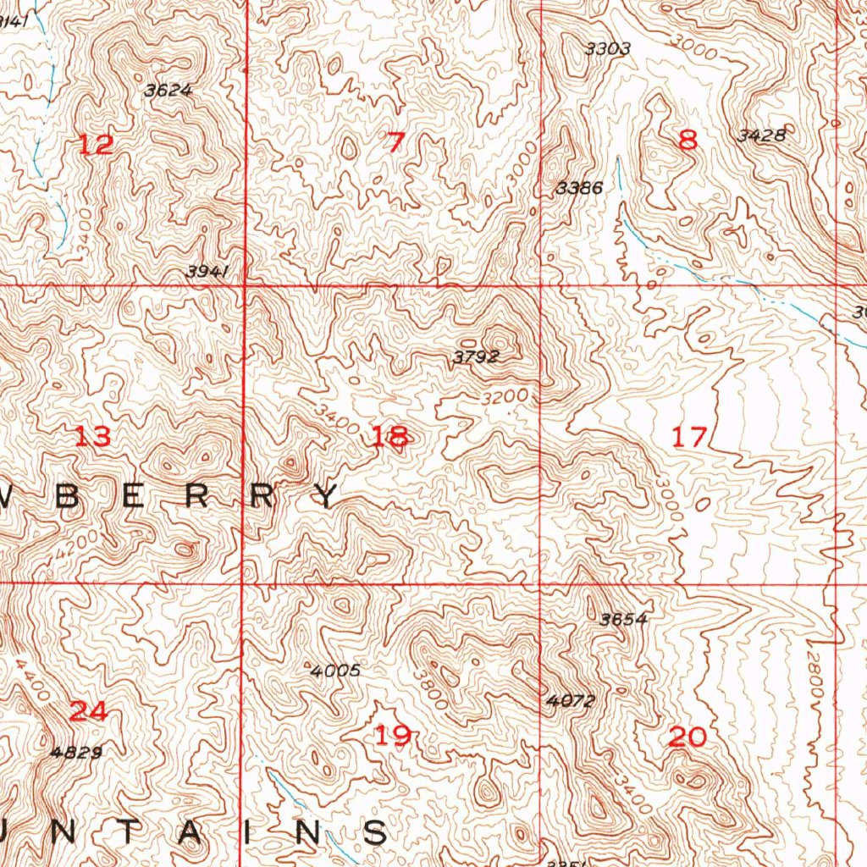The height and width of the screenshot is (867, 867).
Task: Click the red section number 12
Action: tap(96, 144)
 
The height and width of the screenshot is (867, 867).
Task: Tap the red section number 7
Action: tap(394, 142)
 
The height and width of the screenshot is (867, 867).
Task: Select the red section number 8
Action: tap(688, 141)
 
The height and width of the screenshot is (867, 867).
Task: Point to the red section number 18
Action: tap(389, 437)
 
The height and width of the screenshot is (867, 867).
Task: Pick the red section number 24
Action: tap(88, 711)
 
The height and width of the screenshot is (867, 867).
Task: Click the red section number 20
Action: tap(687, 737)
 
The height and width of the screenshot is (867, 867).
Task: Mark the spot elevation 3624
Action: tap(168, 91)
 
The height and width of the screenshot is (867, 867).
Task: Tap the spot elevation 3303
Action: tap(608, 49)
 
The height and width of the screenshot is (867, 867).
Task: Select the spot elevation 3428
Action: tap(761, 135)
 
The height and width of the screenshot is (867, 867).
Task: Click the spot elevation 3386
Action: tap(580, 188)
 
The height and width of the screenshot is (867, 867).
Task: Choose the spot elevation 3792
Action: tap(475, 357)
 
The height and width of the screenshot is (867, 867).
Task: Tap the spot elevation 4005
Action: tap(336, 671)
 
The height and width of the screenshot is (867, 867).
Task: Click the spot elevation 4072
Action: tap(571, 701)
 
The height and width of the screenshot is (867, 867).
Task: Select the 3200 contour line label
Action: tap(507, 396)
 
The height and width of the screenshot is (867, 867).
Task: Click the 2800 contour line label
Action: tap(815, 673)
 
